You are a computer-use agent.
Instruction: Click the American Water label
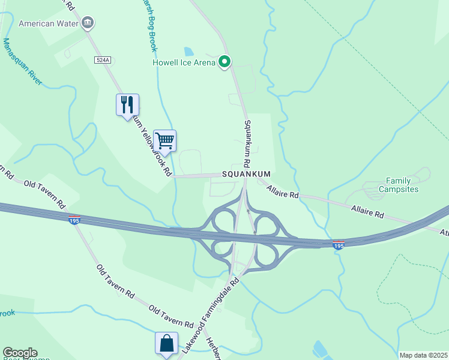pos(49,24)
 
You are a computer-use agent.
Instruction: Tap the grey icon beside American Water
pos(88,24)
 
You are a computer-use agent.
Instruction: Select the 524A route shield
pos(103,60)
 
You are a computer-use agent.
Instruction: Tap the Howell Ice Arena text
pos(183,62)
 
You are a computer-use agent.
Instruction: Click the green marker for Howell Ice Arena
pos(225,61)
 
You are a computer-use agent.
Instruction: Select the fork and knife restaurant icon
pos(127,105)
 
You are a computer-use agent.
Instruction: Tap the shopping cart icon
pos(164,141)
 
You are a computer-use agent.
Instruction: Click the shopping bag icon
pos(166,343)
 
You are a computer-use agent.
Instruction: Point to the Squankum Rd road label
pos(247,144)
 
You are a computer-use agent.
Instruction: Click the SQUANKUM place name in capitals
pos(247,174)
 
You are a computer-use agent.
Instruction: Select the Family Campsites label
pos(398,185)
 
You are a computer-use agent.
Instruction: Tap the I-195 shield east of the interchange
pos(339,245)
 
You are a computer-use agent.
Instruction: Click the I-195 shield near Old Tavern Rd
pos(74,220)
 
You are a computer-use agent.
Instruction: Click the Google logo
pos(20,353)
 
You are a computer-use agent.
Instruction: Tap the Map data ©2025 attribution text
pos(424,355)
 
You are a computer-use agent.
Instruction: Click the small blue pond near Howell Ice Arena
pos(189,51)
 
